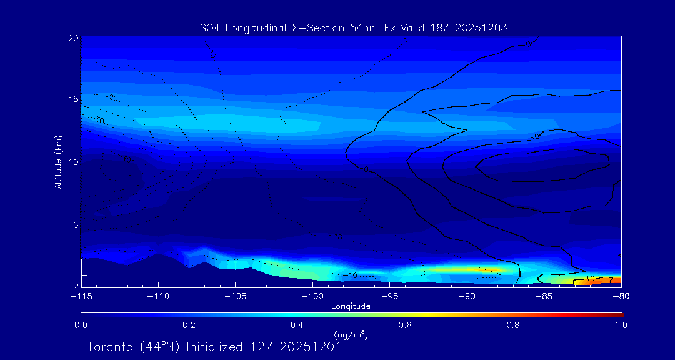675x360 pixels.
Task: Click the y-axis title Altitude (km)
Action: click(58, 161)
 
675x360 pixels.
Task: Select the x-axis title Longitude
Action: click(351, 306)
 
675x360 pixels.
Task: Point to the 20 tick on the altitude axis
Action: click(72, 38)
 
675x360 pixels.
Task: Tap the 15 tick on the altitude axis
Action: click(72, 99)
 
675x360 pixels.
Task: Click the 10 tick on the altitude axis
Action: click(72, 161)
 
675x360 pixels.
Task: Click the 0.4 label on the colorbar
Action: click(297, 325)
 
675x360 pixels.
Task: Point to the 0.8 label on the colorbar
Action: click(514, 325)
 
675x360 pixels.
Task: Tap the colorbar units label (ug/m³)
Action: click(351, 334)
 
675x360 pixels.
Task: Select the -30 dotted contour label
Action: click(98, 119)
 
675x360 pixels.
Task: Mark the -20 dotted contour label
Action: click(111, 98)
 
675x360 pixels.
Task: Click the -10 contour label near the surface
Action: click(349, 276)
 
